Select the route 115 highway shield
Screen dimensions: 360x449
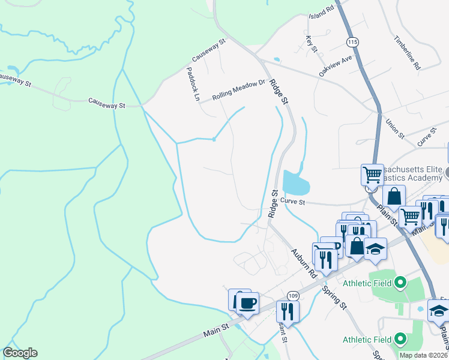click(x=352, y=42)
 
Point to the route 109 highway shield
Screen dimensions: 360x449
click(x=292, y=296)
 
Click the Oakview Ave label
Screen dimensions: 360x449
click(x=335, y=65)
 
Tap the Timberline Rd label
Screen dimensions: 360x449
click(x=407, y=51)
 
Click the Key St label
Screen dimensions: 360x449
click(x=310, y=44)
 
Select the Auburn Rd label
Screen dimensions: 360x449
click(x=304, y=262)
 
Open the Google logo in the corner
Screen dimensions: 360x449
click(x=20, y=353)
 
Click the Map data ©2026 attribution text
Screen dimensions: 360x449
click(x=423, y=355)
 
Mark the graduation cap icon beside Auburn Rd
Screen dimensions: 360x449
click(x=375, y=248)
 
